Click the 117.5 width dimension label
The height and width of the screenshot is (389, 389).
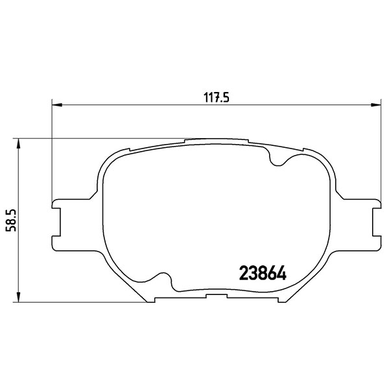point(216,97)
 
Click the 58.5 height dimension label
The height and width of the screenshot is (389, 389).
point(11,220)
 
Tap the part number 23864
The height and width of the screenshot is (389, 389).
point(263,274)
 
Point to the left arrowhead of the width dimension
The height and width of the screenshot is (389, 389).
point(57,105)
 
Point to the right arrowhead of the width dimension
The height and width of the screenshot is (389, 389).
point(376,105)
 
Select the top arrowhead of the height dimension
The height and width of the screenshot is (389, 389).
point(18,144)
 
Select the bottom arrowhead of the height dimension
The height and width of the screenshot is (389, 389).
point(18,297)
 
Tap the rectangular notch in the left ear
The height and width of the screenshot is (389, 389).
point(56,222)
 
